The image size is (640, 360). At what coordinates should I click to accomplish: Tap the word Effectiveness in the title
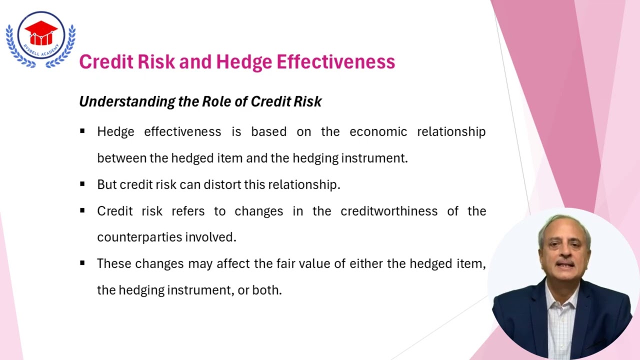pos(335,62)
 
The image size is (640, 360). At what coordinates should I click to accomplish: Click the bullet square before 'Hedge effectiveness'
pos(82,131)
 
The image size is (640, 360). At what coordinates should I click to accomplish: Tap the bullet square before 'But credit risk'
pos(82,184)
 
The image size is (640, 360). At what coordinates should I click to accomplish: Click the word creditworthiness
pos(389,211)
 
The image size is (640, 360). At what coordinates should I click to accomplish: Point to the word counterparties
pos(139,237)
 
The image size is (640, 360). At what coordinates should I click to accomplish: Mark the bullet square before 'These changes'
pos(82,263)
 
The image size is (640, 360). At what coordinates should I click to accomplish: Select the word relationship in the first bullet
pos(451,131)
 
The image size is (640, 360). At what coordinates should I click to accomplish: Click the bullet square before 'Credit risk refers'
pos(82,211)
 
